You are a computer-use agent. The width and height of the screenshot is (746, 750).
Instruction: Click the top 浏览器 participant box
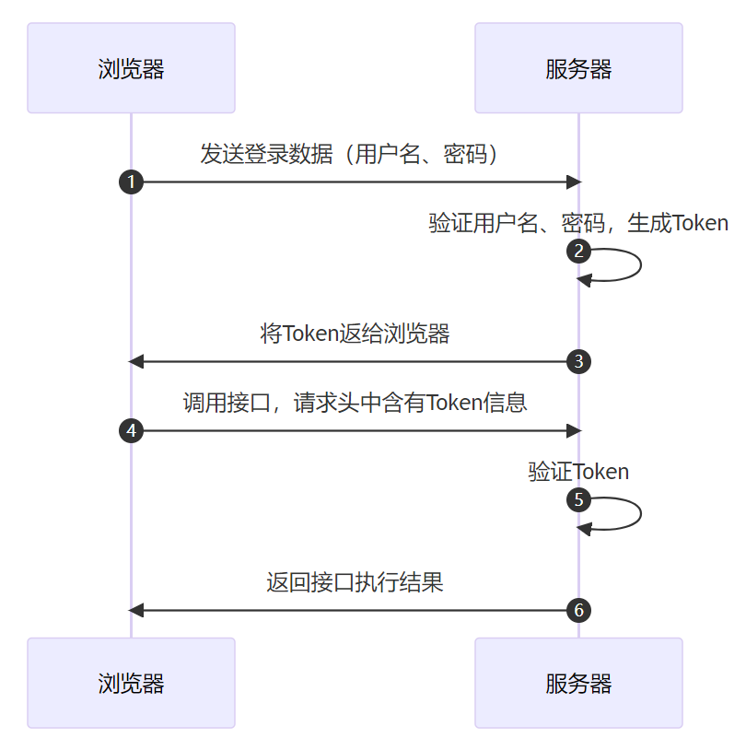[131, 68]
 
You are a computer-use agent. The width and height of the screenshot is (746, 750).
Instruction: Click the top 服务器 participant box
[578, 68]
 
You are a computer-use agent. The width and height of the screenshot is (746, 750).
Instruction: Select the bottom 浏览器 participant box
[131, 683]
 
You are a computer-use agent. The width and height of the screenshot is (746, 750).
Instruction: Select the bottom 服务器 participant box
[578, 683]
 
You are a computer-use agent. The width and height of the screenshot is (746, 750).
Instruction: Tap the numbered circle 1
[131, 182]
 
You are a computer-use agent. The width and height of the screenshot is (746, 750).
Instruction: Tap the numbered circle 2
[578, 251]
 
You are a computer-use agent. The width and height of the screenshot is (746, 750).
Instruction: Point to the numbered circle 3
[578, 361]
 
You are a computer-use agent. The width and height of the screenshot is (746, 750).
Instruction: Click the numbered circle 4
[131, 430]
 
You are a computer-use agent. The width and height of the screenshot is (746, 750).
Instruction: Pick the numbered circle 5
[578, 500]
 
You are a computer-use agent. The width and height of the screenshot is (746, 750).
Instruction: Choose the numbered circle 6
[578, 610]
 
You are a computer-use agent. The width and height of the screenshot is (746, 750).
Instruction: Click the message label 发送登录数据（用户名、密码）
[355, 154]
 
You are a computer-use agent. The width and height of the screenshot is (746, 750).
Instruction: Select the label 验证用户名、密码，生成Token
[578, 223]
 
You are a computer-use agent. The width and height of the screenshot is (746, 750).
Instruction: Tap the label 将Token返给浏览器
[355, 334]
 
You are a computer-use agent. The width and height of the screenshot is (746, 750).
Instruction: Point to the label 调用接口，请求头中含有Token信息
[355, 403]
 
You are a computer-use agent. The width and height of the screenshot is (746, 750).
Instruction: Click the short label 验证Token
[578, 472]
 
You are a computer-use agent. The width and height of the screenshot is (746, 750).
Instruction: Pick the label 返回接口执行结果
[355, 582]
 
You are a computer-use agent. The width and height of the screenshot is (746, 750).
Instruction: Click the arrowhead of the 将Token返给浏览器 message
[136, 361]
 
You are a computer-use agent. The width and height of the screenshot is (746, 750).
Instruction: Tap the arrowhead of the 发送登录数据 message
[573, 182]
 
